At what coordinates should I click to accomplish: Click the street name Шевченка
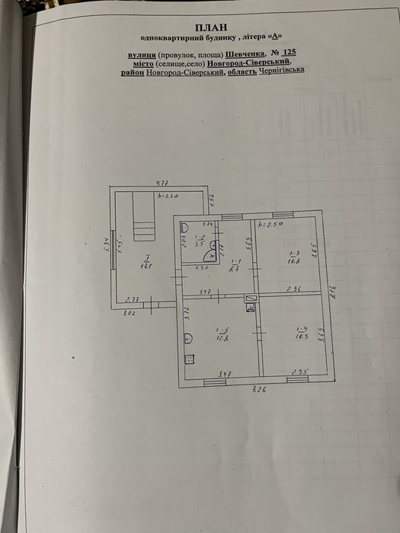pyautogui.click(x=245, y=54)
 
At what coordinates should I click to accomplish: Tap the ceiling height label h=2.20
pyautogui.click(x=168, y=197)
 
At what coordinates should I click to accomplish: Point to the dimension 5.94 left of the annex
pyautogui.click(x=108, y=245)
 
